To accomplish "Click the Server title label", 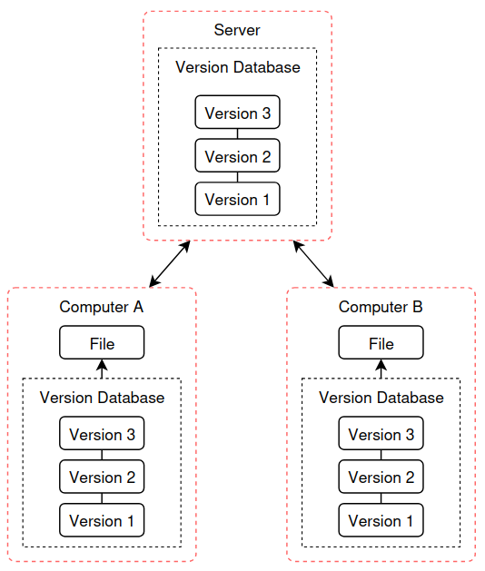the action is (x=237, y=30).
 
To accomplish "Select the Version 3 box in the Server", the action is (x=238, y=113).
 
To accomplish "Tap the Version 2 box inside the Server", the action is (x=238, y=155).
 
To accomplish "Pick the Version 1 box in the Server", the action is (x=238, y=199).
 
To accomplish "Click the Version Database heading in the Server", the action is (x=238, y=67).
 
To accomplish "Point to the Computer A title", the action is (x=102, y=307).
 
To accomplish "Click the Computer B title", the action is (x=381, y=307).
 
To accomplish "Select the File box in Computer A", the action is (x=102, y=342).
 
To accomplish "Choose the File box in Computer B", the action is (x=381, y=342).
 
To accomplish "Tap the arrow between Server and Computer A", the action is (x=170, y=263).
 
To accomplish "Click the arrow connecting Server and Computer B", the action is (x=313, y=263).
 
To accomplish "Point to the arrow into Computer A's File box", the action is (x=102, y=369).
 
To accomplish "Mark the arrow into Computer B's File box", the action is (x=381, y=369).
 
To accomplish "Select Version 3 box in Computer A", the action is (x=102, y=433).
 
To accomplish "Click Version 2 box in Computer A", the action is (x=102, y=477).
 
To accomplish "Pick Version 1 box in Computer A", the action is (x=102, y=520).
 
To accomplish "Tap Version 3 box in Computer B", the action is (x=381, y=433).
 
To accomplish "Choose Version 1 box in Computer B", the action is (x=381, y=520).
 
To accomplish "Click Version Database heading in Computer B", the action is (x=381, y=398).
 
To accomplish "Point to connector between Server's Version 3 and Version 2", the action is (x=238, y=133).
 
